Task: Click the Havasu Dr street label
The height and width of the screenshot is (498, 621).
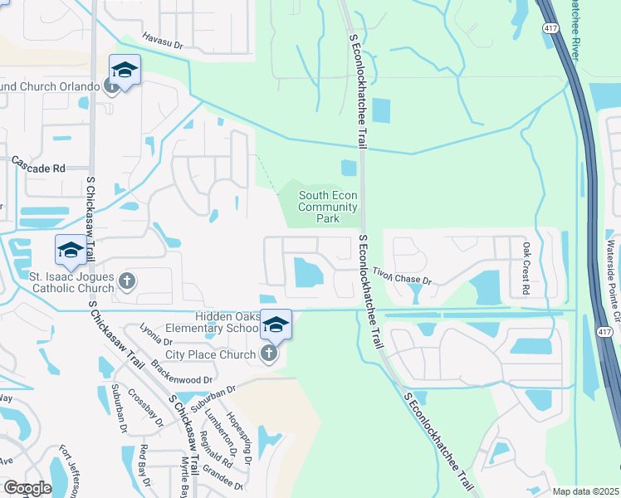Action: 161,41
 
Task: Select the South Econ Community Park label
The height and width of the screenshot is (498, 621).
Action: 328,207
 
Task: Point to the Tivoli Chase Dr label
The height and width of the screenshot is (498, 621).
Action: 403,276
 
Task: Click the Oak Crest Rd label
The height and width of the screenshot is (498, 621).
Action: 526,269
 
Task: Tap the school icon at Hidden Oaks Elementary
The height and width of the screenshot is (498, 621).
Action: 276,325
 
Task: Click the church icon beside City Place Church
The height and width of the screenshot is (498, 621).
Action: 267,355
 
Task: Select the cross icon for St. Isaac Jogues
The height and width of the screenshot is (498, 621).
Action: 127,281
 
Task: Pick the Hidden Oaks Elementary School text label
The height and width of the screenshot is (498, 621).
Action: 227,322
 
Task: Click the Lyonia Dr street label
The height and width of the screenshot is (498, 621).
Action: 155,335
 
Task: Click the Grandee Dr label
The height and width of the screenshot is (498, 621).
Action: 227,480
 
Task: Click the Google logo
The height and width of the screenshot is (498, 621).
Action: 28,488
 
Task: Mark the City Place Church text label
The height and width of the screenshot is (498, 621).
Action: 210,355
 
